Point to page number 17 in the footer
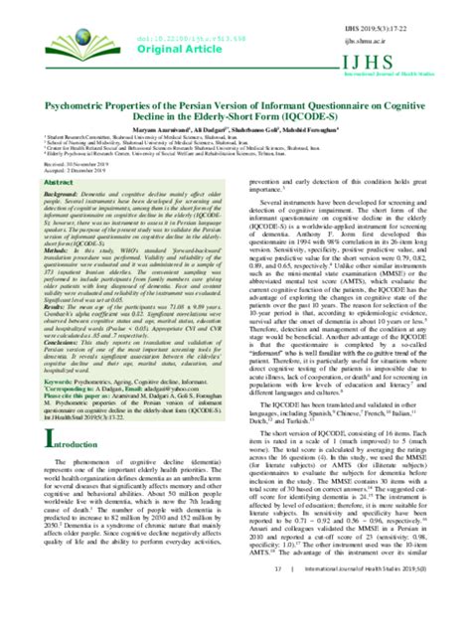(x=280, y=623)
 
